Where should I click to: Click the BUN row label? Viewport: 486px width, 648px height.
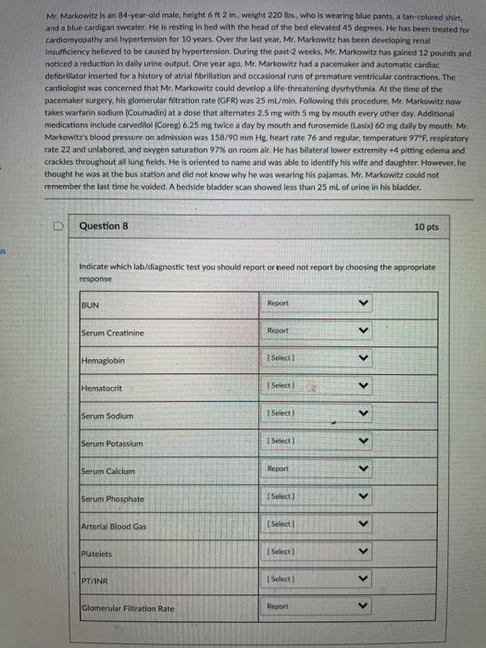coord(90,302)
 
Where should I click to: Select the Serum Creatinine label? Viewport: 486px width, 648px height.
coord(112,332)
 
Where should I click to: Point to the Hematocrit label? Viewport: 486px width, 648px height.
coord(100,387)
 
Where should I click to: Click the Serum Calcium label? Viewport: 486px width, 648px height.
coord(107,472)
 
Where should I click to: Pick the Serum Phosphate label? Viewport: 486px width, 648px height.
coord(112,500)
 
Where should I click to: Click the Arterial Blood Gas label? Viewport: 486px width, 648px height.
coord(116,528)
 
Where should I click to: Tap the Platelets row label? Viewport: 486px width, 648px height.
coord(96,555)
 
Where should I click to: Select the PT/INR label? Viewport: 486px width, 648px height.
coord(95,581)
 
